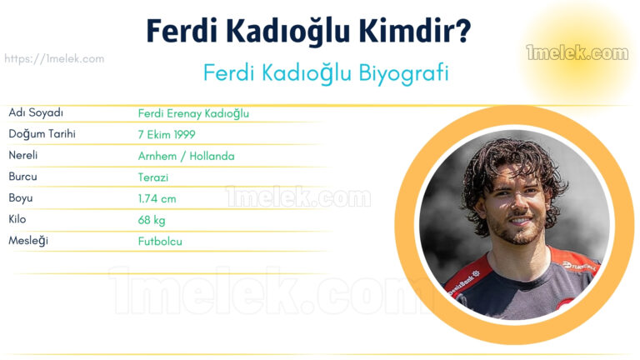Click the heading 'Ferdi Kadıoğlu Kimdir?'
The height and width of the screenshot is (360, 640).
point(308,31)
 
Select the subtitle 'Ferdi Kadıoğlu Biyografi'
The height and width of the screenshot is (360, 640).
point(326,72)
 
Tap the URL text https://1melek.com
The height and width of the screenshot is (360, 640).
point(54,59)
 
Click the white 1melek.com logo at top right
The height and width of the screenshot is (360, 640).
point(577,54)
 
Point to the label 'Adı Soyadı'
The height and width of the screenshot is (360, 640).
point(36,112)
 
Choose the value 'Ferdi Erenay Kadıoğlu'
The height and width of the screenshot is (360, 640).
point(193,113)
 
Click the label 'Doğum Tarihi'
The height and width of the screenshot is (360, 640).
point(42,134)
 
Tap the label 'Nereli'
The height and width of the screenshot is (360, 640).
point(23,156)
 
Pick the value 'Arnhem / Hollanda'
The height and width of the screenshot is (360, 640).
point(186,156)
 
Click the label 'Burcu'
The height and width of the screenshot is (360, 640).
point(23,177)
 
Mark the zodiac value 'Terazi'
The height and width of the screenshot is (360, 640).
point(154,177)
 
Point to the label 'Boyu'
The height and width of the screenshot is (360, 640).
point(21,198)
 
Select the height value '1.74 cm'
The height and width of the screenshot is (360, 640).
point(157,199)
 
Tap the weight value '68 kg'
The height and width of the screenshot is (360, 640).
point(152,221)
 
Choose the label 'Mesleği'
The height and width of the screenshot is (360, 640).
point(28,242)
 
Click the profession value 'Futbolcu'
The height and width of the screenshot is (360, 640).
point(160,242)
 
